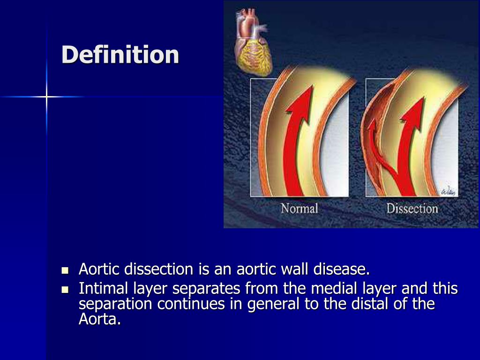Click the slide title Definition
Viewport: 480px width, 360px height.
pos(120,55)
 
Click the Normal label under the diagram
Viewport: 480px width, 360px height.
pos(299,208)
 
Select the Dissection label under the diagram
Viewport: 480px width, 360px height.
pos(412,208)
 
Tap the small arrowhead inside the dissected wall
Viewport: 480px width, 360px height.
pos(372,127)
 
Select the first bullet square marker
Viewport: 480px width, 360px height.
pos(65,271)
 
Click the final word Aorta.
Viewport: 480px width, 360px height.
pos(99,321)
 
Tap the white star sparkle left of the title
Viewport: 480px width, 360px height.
pos(46,97)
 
